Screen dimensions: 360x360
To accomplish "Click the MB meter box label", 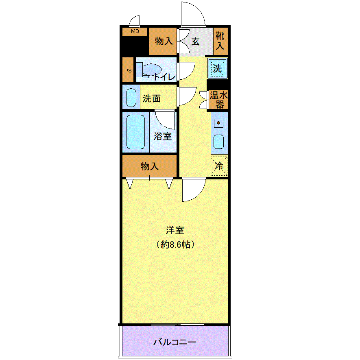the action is [135, 31].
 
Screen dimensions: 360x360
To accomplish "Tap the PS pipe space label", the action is [128, 70].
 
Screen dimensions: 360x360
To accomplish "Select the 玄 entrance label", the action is [195, 42].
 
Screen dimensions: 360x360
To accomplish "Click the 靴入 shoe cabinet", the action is [220, 41].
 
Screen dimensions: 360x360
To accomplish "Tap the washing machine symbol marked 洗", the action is [217, 68].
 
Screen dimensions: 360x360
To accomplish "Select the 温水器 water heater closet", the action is [218, 99].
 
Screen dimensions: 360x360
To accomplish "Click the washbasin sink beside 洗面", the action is [131, 98].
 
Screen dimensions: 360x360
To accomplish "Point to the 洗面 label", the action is [152, 98].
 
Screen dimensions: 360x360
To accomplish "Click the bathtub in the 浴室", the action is [136, 132].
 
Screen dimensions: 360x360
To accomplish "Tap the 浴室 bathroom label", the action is [163, 136].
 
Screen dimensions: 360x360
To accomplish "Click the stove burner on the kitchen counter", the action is [218, 123].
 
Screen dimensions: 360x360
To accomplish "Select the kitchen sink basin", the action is [218, 142].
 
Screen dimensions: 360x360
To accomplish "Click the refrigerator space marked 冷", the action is [219, 166].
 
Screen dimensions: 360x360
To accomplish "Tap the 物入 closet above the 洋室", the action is [149, 166].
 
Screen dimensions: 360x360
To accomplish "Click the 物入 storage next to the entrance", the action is [163, 41].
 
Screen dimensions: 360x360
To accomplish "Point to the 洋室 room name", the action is [175, 230].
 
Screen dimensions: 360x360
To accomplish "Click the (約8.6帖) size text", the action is [175, 244].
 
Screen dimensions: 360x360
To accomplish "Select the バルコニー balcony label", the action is [175, 342].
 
